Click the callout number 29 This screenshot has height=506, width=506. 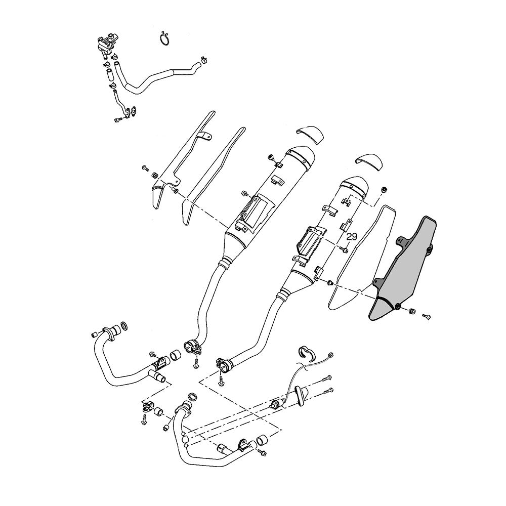tap(352, 237)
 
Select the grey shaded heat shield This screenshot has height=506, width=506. tap(403, 268)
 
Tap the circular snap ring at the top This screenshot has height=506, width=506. tap(166, 39)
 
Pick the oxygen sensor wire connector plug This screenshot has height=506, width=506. tap(330, 356)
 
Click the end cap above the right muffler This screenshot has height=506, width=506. tap(368, 161)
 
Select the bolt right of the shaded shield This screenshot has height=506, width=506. tap(427, 317)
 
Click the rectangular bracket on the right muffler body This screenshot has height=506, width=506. tap(311, 240)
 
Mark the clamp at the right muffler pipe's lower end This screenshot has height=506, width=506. tap(223, 365)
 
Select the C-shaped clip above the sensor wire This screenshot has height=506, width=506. tap(306, 352)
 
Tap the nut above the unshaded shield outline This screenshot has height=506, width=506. tap(384, 190)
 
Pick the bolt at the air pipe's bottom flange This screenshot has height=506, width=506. tap(118, 120)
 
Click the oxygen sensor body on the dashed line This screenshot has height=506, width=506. tap(277, 404)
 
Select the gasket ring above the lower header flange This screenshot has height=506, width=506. tap(192, 396)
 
